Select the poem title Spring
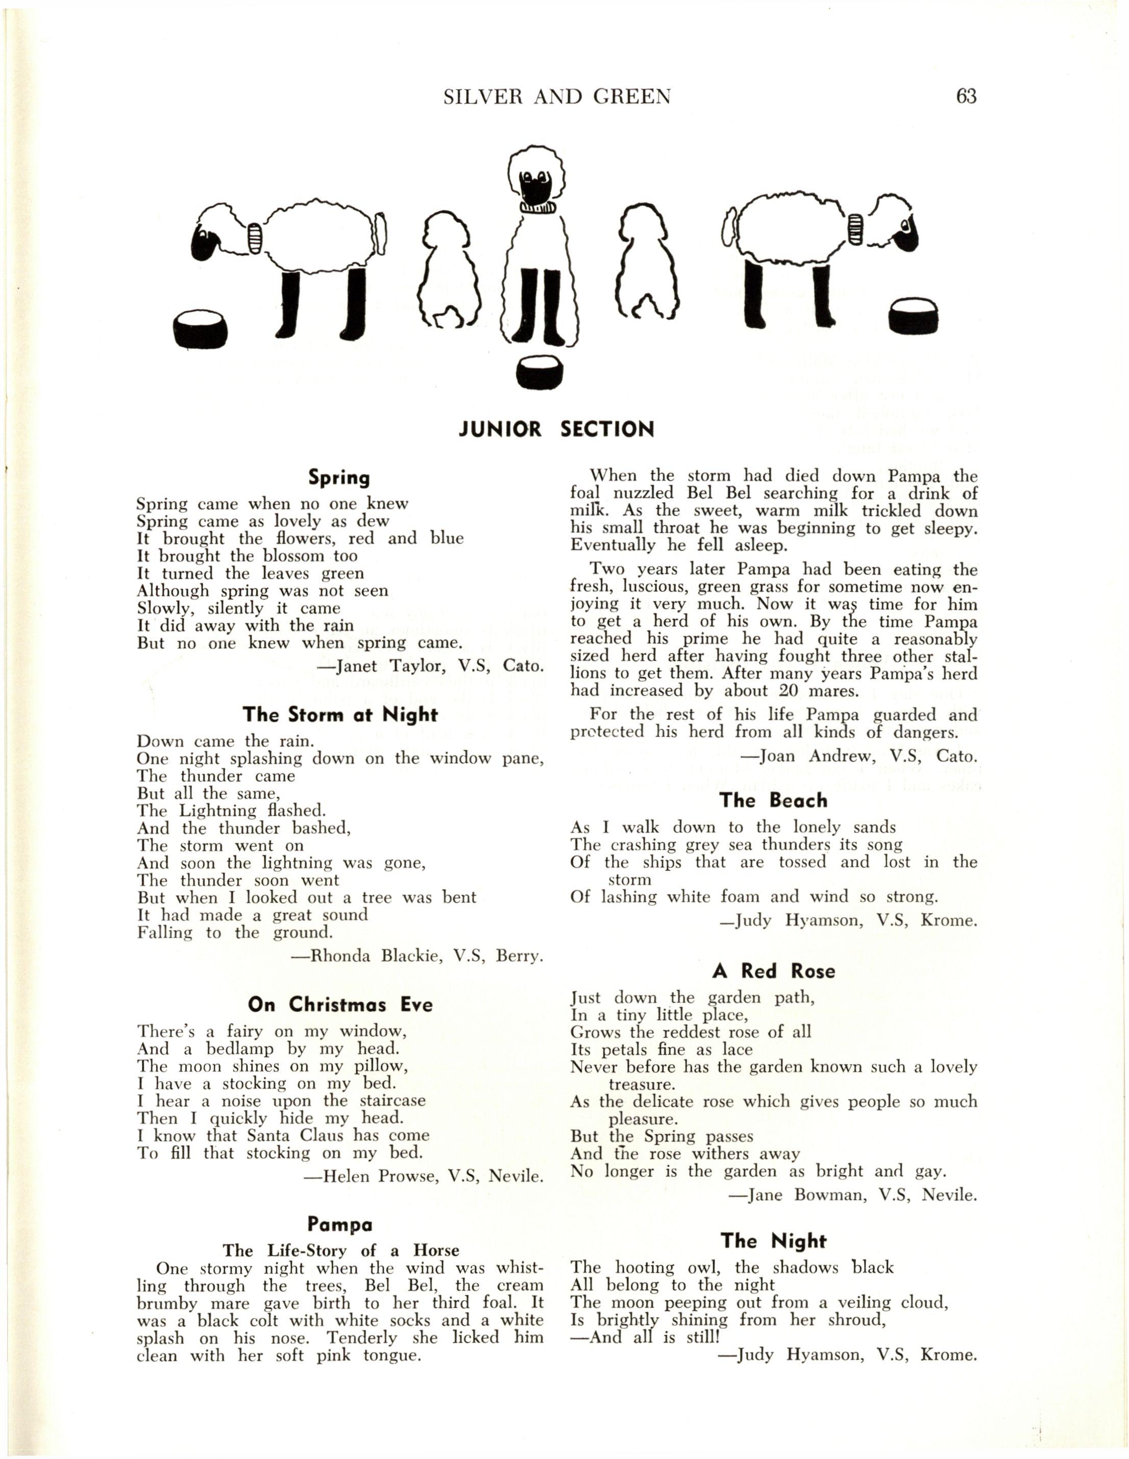pyautogui.click(x=339, y=478)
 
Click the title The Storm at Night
pyautogui.click(x=339, y=715)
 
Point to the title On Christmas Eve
pyautogui.click(x=339, y=1005)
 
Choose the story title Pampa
pyautogui.click(x=340, y=1225)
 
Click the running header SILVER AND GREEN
pyautogui.click(x=556, y=98)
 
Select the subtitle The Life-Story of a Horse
pyautogui.click(x=341, y=1251)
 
